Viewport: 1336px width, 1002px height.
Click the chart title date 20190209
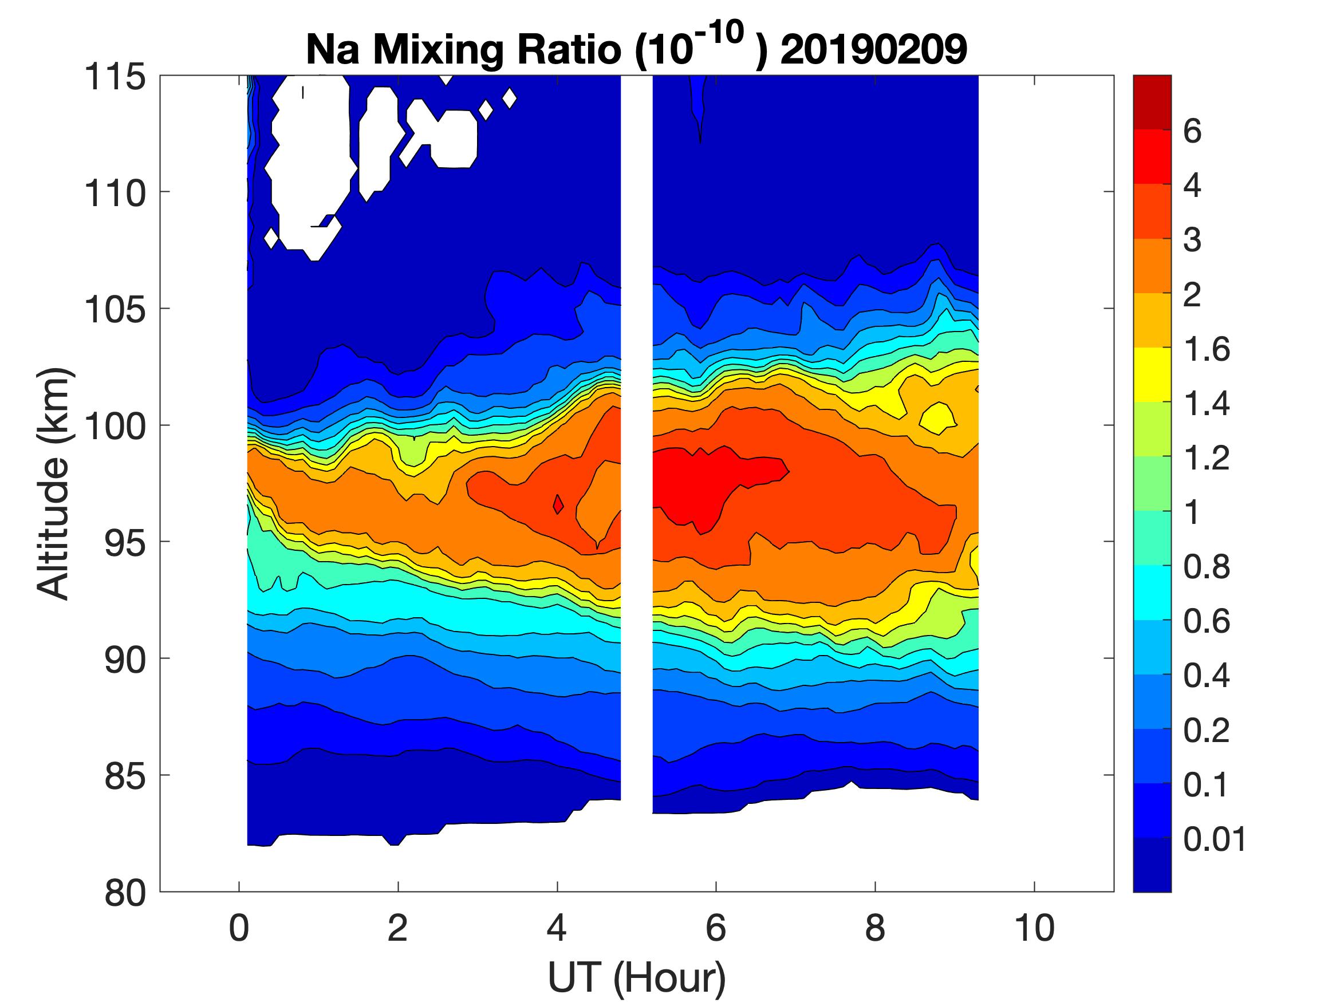(x=873, y=49)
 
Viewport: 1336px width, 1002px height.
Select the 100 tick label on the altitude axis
(x=115, y=427)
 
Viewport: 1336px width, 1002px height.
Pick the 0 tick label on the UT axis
(x=239, y=928)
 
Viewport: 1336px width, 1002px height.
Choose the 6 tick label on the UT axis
(x=716, y=928)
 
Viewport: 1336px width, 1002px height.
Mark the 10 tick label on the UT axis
(x=1035, y=928)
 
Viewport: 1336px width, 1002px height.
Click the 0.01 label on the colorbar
(x=1215, y=839)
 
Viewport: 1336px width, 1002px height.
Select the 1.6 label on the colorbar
(x=1206, y=349)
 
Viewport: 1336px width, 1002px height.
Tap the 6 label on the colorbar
(x=1192, y=131)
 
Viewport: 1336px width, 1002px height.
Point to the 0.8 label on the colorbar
(x=1206, y=566)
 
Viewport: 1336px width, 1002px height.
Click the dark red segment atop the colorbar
(x=1152, y=102)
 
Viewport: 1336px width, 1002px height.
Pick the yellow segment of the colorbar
(x=1152, y=374)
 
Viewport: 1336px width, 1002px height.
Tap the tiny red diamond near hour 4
(x=558, y=504)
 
